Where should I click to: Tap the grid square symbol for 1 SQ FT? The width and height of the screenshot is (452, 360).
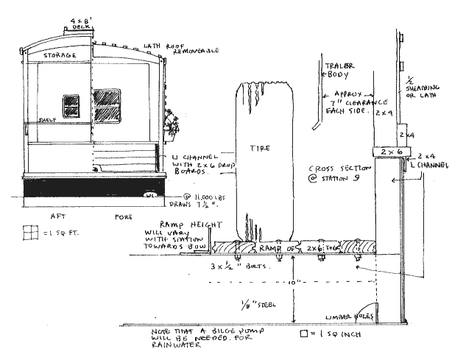click(x=29, y=231)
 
